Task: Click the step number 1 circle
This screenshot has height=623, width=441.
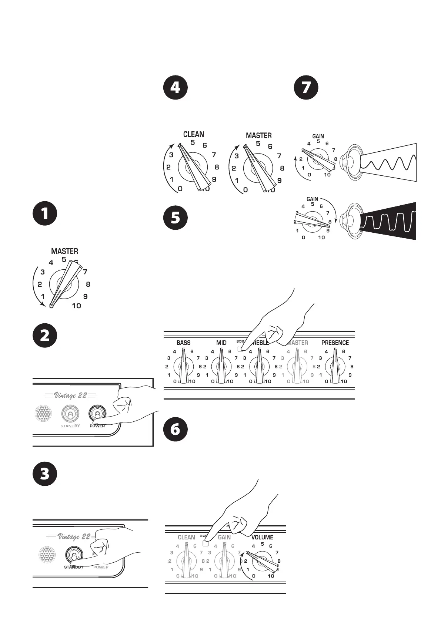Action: coord(45,214)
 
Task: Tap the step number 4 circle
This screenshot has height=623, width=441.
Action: coord(176,88)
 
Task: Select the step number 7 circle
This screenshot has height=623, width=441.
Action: coord(306,88)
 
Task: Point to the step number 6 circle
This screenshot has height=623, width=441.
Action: coord(176,429)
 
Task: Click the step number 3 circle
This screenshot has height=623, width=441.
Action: coord(45,474)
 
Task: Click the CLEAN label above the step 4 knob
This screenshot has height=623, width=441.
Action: coord(194,134)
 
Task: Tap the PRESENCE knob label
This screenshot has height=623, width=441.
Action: coord(335,343)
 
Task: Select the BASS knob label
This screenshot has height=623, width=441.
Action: coord(183,343)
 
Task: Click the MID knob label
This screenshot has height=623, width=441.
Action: coord(221,343)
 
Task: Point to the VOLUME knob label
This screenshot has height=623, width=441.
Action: coord(262,537)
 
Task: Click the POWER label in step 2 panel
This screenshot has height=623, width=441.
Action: coord(97,426)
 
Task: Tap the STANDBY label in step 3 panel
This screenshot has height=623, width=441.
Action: coord(73,567)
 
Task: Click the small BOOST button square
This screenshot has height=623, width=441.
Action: coord(240,348)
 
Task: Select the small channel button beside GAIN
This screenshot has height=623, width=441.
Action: coord(206,543)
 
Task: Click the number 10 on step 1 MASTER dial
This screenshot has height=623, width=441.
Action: coord(76,306)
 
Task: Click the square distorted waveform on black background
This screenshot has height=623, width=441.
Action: coord(389,221)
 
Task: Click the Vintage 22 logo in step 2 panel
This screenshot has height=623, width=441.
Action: coord(70,395)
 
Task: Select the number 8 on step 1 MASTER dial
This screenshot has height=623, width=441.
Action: coord(88,284)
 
